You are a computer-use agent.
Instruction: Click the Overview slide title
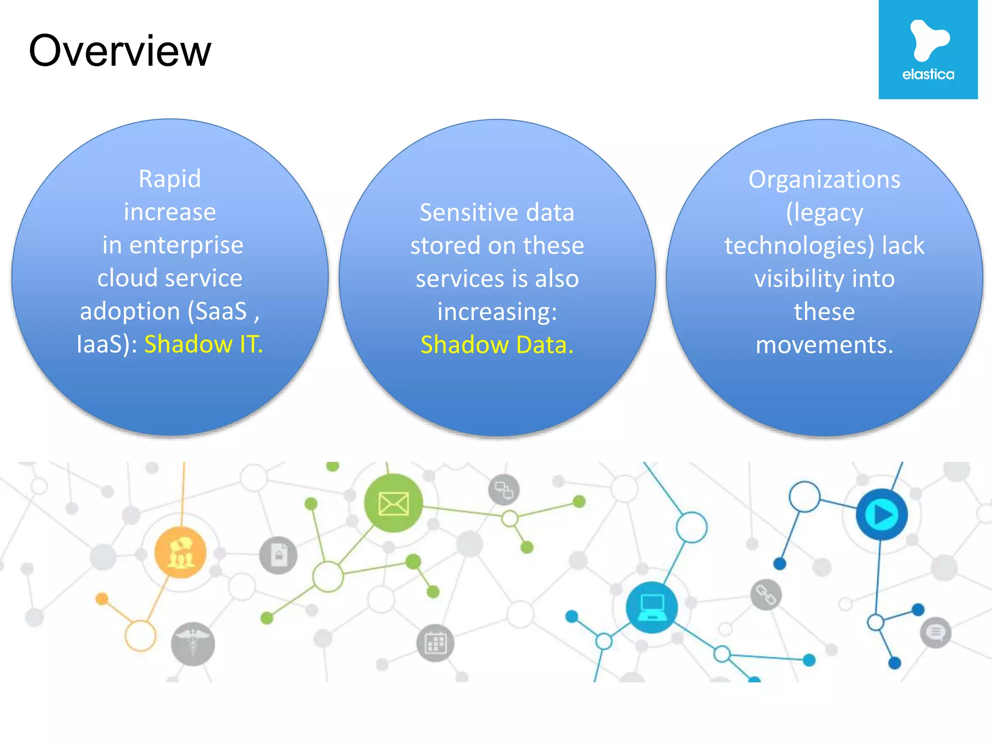coord(120,51)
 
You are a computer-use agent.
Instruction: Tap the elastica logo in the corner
coord(928,49)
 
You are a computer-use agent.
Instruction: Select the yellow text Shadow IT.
coord(203,344)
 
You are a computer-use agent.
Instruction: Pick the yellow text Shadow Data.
coord(497,345)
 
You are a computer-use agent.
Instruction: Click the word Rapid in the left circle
coord(170,179)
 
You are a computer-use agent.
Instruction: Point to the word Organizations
coord(824,180)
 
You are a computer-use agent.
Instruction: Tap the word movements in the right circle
coord(824,345)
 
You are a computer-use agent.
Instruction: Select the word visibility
coord(799,279)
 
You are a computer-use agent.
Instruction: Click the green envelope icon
coord(393,504)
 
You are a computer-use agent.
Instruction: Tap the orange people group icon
coord(180,553)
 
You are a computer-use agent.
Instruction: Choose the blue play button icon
coord(882,514)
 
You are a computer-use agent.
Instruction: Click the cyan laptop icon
coord(651,607)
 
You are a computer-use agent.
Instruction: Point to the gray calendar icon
coord(435,643)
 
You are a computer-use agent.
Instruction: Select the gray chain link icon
coord(766,595)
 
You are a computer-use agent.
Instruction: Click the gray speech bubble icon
coord(935,632)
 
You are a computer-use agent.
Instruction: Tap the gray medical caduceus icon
coord(193,644)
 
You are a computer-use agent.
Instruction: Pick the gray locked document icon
coord(279,555)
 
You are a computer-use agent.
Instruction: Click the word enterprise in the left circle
coord(186,245)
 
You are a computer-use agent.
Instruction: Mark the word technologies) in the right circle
coord(799,246)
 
